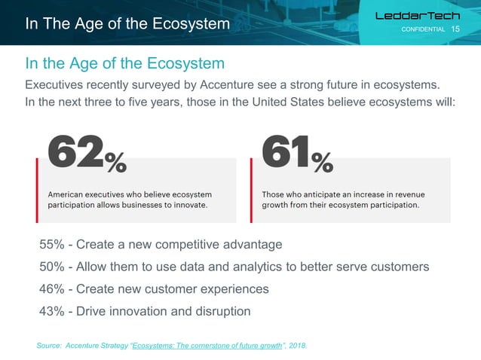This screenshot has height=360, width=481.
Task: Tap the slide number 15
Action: (455, 29)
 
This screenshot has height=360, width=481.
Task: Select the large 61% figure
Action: (297, 153)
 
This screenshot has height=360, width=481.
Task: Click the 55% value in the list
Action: (53, 245)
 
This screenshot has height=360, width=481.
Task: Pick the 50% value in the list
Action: (53, 267)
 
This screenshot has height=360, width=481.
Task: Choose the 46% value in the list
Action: (53, 288)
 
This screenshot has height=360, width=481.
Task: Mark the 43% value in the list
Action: (53, 310)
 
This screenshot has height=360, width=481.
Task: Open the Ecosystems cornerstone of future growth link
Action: (207, 346)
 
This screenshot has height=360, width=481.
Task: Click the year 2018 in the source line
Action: (296, 346)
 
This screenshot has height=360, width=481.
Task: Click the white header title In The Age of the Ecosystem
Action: (127, 24)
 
